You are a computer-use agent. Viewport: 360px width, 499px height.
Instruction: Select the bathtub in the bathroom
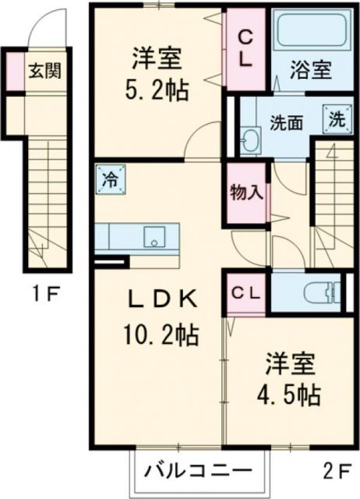(x=309, y=32)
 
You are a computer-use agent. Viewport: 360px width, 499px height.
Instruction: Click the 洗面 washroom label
(x=286, y=122)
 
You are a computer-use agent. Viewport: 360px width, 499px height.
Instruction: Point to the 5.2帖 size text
(x=158, y=90)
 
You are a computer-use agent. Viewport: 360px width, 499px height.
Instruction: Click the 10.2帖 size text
(x=161, y=336)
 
